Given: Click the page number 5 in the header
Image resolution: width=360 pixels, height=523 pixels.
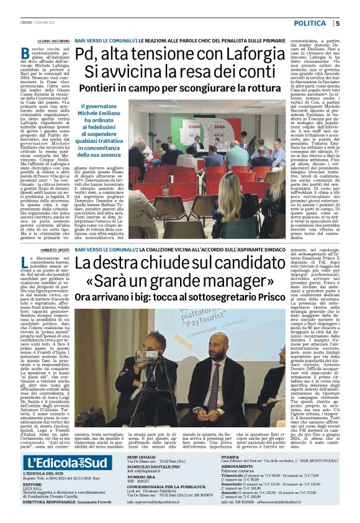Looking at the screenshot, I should pyautogui.click(x=338, y=23).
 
